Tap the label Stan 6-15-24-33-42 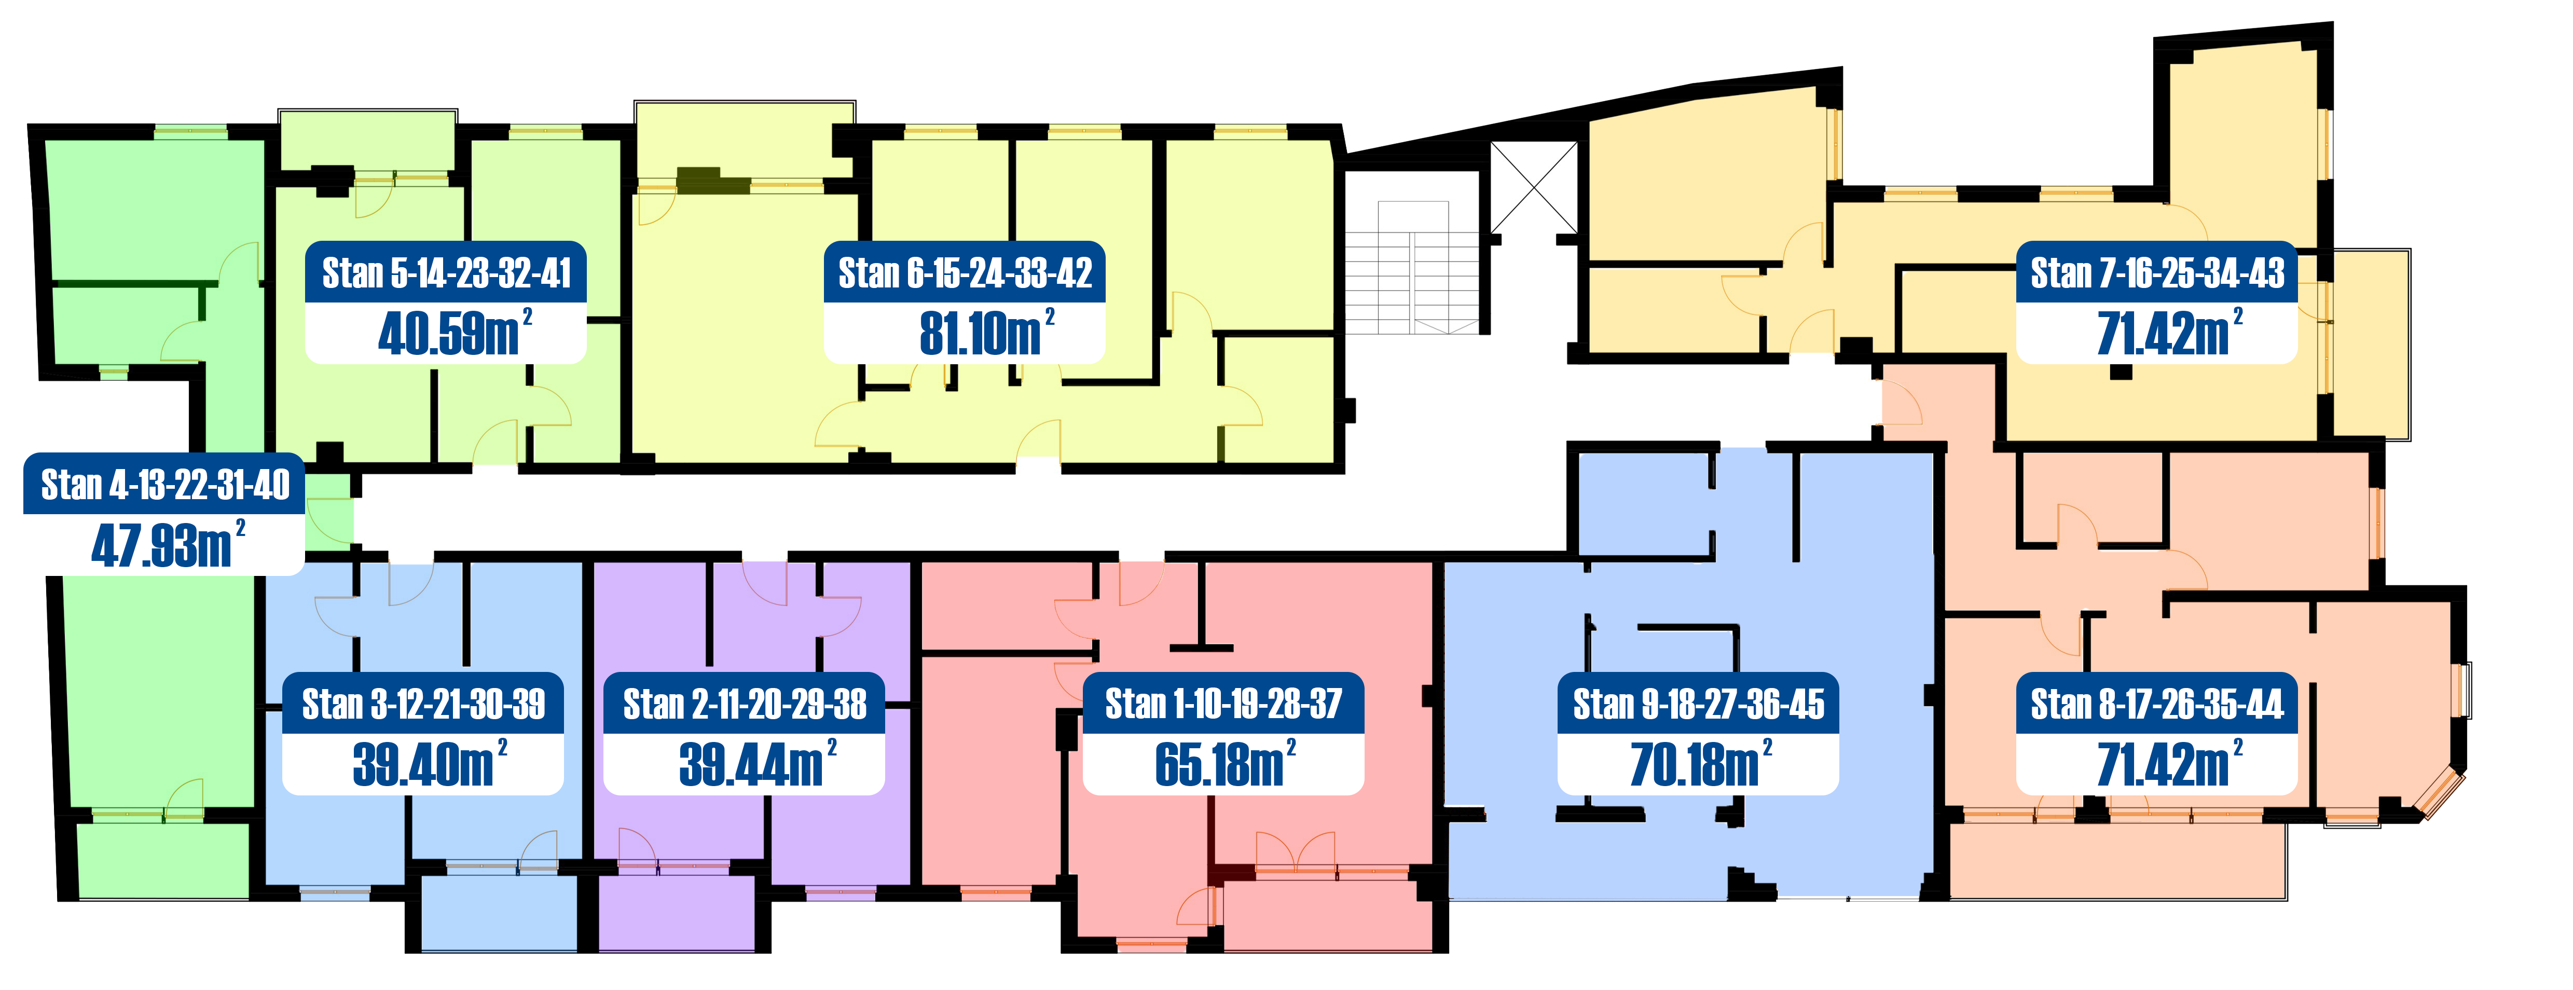(x=965, y=273)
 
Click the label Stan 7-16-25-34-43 (x=2157, y=273)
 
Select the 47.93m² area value (x=168, y=544)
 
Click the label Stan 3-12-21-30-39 (x=423, y=704)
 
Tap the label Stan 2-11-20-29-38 (x=745, y=704)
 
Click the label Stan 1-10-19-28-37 (x=1223, y=704)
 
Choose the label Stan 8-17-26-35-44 (x=2157, y=704)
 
